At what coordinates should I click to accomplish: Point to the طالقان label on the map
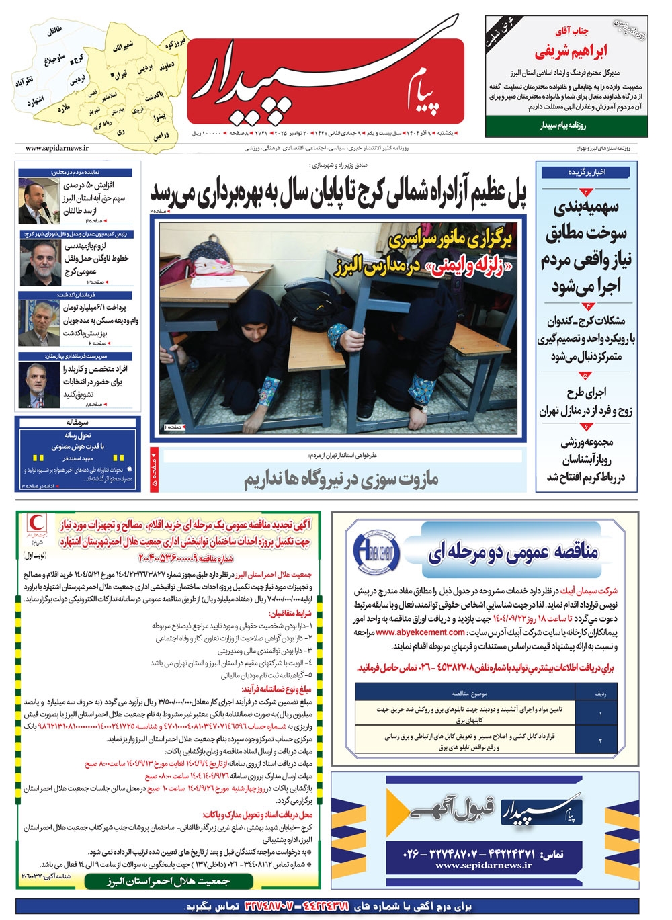[54, 32]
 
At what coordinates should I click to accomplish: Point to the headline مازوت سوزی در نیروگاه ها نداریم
[341, 478]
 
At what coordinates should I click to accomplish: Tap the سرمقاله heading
[78, 423]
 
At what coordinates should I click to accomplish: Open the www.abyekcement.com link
[421, 632]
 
